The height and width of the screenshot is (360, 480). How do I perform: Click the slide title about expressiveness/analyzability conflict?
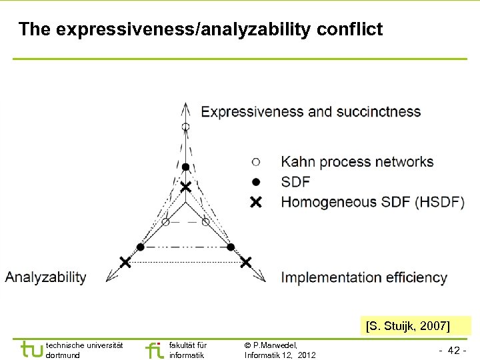(x=201, y=29)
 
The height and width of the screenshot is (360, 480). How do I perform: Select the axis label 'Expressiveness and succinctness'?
(x=311, y=111)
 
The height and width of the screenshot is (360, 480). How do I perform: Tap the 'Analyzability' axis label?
(x=46, y=277)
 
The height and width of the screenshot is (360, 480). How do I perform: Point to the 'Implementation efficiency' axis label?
(x=364, y=277)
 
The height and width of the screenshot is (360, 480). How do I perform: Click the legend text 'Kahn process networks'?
(x=357, y=161)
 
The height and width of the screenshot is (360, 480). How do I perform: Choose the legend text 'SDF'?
(x=295, y=181)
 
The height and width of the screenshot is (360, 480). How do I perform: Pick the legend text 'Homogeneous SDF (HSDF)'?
(x=373, y=201)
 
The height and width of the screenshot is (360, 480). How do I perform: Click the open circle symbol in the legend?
(x=256, y=161)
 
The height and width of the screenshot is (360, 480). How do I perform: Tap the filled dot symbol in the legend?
(x=256, y=181)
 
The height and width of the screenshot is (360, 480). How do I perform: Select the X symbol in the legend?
(x=256, y=201)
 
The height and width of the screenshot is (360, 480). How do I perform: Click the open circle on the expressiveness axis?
(x=186, y=126)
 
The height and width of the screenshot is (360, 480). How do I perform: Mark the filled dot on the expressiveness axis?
(x=186, y=167)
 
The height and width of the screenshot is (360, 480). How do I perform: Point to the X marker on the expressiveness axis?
(x=186, y=187)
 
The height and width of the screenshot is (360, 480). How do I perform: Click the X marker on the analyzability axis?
(x=124, y=261)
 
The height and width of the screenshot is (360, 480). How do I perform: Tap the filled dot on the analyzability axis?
(x=140, y=247)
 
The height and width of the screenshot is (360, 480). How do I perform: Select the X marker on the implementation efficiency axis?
(x=246, y=261)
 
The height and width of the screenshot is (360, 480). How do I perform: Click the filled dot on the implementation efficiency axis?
(x=231, y=247)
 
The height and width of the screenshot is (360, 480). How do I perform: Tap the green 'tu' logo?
(x=31, y=349)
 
